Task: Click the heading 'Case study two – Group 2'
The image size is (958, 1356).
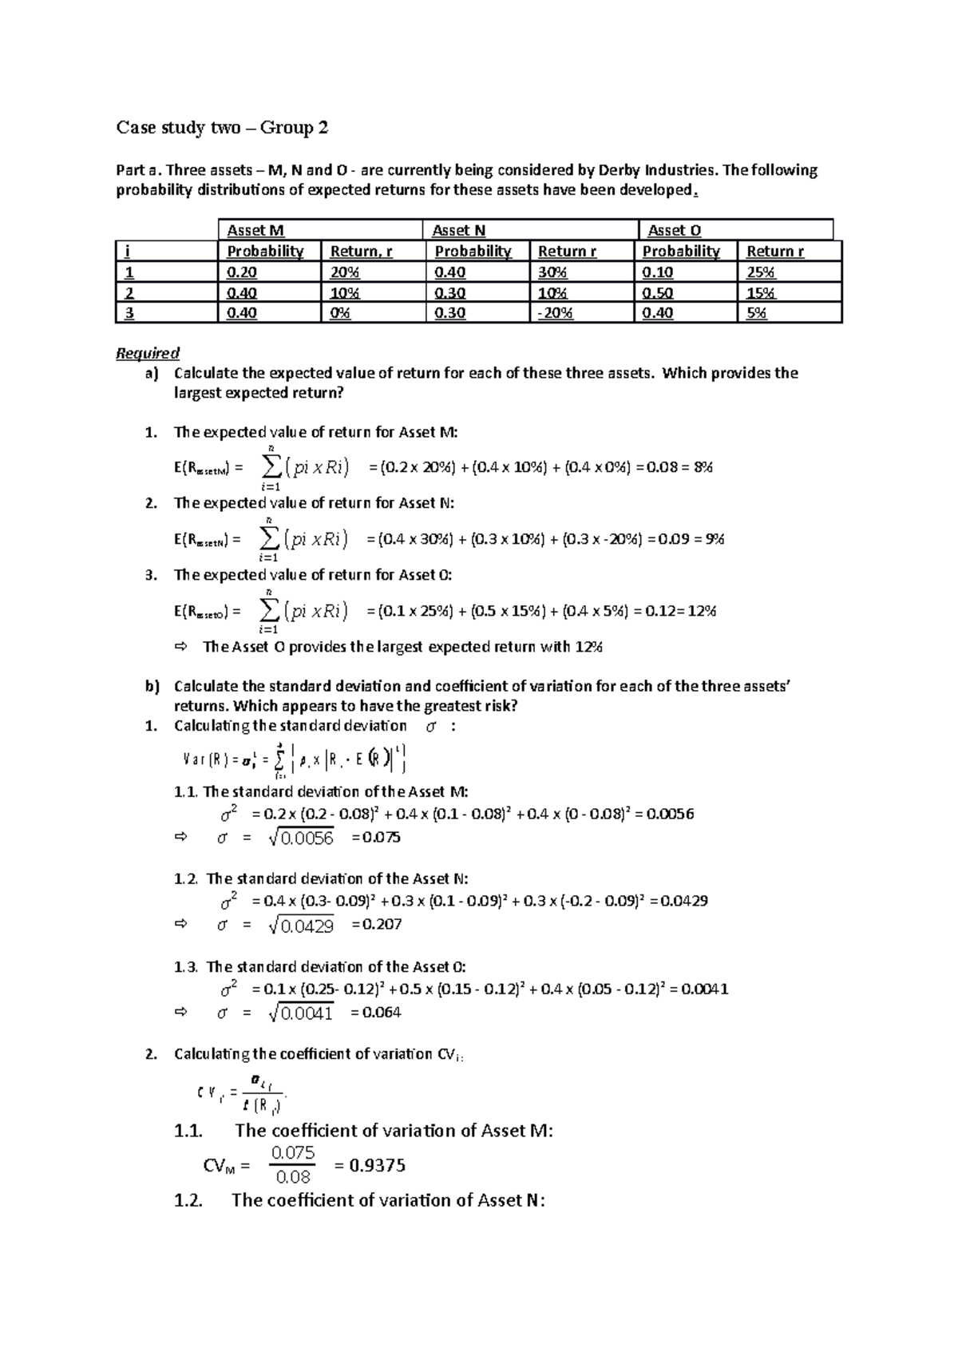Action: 222,128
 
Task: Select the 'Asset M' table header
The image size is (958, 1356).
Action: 255,231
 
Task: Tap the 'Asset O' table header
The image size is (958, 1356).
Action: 675,231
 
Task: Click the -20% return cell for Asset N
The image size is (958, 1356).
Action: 555,313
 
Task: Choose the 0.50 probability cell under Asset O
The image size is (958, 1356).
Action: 658,293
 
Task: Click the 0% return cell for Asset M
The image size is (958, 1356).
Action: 340,313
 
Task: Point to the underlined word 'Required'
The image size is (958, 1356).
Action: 148,353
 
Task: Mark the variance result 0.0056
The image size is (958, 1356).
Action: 670,815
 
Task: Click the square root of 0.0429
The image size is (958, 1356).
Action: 303,926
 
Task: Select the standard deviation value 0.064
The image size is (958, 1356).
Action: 382,1013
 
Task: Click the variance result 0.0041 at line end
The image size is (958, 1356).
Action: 705,989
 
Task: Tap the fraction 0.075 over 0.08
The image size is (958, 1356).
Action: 293,1165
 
